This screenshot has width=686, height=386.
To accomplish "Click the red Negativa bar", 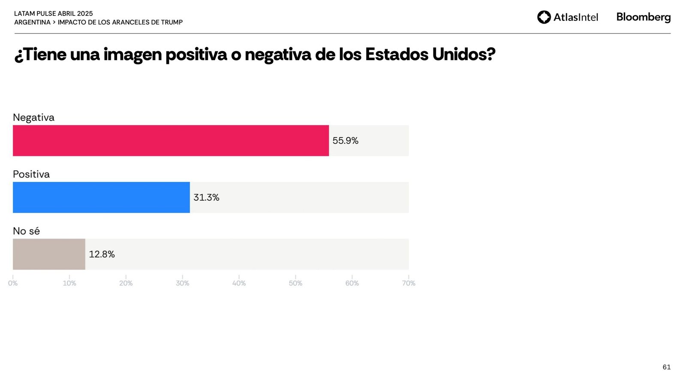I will pos(171,141).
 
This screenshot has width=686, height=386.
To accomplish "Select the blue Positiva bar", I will pos(101,197).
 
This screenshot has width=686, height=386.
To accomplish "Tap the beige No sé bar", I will pos(49,254).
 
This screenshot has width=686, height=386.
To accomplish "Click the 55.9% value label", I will pos(345,141).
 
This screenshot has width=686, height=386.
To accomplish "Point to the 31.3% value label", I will pos(206,198).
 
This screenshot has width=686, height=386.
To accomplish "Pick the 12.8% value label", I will pos(102,254).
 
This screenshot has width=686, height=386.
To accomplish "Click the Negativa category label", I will pos(33,118).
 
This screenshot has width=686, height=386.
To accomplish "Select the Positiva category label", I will pos(31,174).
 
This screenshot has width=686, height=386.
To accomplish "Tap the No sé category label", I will pos(26,231).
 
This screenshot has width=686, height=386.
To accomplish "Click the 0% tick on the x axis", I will pos(13,283).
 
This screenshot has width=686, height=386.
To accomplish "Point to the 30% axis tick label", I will pos(182,283).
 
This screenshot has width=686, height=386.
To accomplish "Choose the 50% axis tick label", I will pos(295,283).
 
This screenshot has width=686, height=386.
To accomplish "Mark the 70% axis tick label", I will pos(409,283).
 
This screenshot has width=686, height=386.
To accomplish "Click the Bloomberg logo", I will pos(643,17).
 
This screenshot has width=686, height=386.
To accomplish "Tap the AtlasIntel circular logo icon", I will pos(544,17).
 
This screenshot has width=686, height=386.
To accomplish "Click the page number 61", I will pos(666,367).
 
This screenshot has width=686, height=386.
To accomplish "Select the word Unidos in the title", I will pos(463,55).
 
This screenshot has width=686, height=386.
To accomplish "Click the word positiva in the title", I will pos(196,55).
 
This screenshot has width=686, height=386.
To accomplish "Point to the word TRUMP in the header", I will pos(171,22).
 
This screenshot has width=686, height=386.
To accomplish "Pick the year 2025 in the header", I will pos(85,14).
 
